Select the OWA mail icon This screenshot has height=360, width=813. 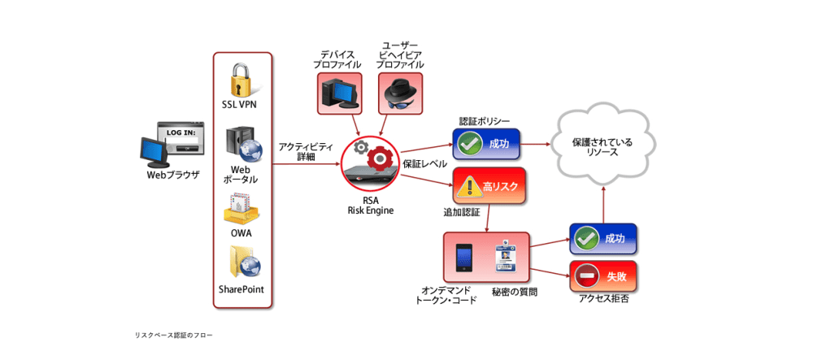(x=241, y=209)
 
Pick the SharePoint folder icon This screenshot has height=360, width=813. (x=241, y=262)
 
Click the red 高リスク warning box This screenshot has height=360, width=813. (x=487, y=187)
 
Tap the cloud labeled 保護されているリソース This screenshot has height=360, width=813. (x=602, y=147)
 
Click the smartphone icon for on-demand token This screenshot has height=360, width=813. (x=464, y=258)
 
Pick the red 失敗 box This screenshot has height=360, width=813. (x=602, y=278)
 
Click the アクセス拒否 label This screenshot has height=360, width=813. (x=602, y=298)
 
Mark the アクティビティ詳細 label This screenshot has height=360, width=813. (x=306, y=151)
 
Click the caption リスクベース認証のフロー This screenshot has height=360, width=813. (x=174, y=335)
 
